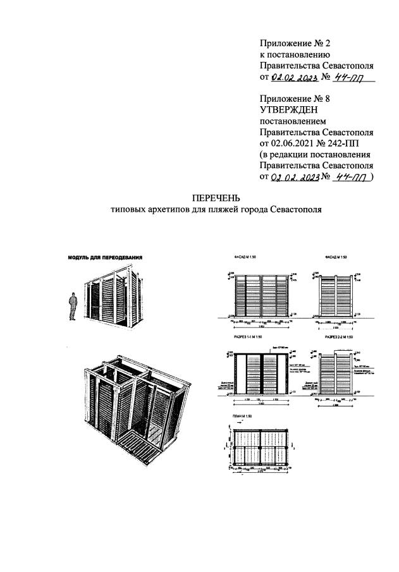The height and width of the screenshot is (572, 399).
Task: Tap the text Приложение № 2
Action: pos(295,43)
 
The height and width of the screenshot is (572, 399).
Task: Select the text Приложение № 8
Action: pos(295,98)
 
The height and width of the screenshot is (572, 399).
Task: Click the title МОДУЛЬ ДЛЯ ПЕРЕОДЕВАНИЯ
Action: pos(105,258)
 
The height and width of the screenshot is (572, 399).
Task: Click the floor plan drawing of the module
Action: pos(259,448)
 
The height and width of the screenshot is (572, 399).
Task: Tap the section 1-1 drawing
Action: pos(259,373)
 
